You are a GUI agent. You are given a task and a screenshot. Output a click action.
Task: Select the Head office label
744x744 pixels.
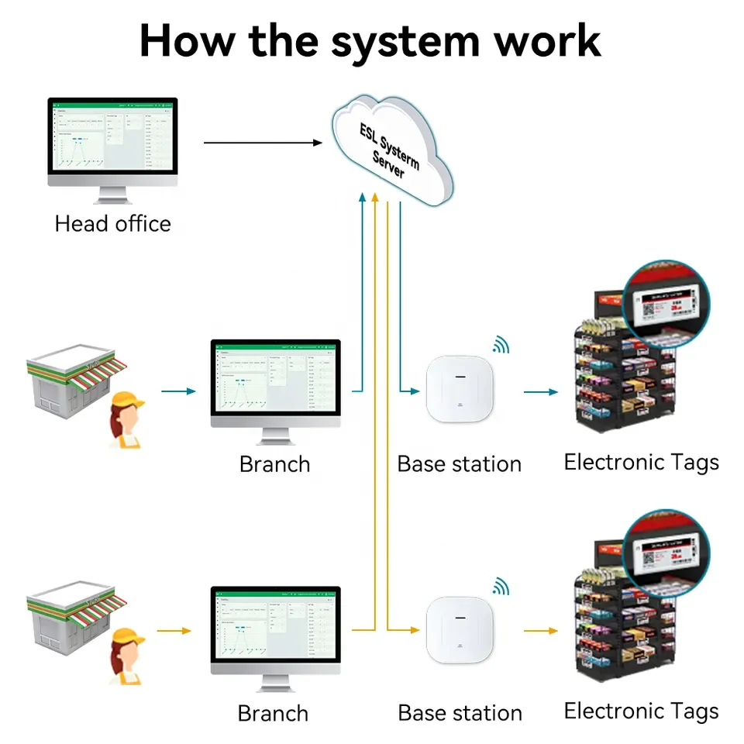[112, 224]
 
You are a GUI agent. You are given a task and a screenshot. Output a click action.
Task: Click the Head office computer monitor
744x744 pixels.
[112, 139]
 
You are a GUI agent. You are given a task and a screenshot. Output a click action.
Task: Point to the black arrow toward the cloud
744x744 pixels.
[263, 143]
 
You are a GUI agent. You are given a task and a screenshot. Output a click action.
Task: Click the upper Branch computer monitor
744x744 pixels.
[276, 383]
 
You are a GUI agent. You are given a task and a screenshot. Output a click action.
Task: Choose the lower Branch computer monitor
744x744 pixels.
[276, 629]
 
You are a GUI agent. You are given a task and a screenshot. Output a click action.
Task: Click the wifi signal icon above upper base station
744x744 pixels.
[501, 346]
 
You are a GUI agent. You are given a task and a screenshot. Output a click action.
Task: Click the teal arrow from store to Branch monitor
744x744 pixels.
[177, 391]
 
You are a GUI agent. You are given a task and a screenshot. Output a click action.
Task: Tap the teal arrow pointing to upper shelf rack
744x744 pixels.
[540, 392]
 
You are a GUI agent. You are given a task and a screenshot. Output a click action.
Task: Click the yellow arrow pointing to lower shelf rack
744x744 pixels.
[540, 631]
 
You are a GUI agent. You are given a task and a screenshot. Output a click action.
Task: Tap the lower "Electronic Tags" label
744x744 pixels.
[641, 711]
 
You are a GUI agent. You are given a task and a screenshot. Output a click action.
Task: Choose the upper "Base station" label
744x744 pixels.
[459, 464]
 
